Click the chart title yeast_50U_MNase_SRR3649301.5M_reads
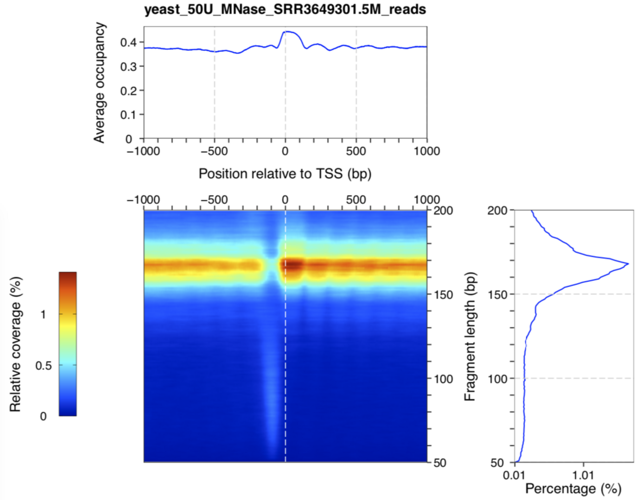point(285,9)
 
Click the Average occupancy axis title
point(100,83)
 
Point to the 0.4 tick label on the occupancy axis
point(128,42)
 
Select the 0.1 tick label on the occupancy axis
point(128,115)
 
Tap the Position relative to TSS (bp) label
point(285,173)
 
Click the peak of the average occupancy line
point(287,32)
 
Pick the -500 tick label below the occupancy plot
point(214,151)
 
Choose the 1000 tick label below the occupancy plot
point(427,151)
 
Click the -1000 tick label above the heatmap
point(143,200)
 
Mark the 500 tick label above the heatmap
point(356,200)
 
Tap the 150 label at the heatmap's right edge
point(443,295)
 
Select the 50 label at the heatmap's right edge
point(440,463)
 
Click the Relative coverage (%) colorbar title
point(16,344)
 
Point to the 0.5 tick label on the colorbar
point(43,366)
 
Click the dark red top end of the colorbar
point(68,275)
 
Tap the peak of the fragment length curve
point(628,264)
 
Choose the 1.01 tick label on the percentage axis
point(583,475)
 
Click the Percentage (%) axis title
point(573,489)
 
